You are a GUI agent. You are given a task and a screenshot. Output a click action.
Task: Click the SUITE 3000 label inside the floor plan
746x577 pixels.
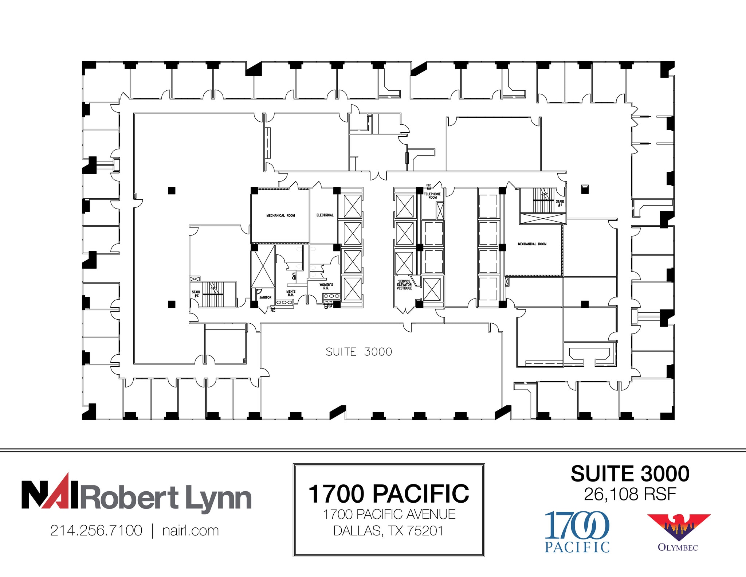359,352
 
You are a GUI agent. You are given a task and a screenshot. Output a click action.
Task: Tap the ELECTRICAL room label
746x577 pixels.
325,215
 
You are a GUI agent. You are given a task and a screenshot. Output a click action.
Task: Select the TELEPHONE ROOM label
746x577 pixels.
432,196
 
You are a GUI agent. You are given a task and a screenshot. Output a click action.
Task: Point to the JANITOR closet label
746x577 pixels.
265,297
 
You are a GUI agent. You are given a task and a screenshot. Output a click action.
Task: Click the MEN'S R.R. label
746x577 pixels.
291,293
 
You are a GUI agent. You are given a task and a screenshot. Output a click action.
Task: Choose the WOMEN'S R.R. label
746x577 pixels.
326,286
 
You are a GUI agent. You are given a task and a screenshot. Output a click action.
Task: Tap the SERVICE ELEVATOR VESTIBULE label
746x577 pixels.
404,285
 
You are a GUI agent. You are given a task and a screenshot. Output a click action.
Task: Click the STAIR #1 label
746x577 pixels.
560,203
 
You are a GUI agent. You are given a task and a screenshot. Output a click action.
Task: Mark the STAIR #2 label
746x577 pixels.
196,294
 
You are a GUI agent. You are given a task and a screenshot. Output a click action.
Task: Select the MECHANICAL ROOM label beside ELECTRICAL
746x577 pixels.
280,215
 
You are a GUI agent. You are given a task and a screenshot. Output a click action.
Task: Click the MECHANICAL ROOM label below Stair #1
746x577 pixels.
532,244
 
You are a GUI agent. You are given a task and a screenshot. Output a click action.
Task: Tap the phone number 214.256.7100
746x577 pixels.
96,530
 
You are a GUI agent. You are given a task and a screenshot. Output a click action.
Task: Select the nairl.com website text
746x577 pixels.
191,530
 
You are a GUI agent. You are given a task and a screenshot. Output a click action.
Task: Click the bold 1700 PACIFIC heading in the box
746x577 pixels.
389,494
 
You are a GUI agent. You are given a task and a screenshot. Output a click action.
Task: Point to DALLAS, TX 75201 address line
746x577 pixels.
389,531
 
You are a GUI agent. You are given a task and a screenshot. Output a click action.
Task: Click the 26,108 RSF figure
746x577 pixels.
630,494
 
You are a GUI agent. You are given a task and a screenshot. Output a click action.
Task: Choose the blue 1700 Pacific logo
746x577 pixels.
577,531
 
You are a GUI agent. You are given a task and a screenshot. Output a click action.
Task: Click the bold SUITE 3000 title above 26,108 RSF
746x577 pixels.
630,473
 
